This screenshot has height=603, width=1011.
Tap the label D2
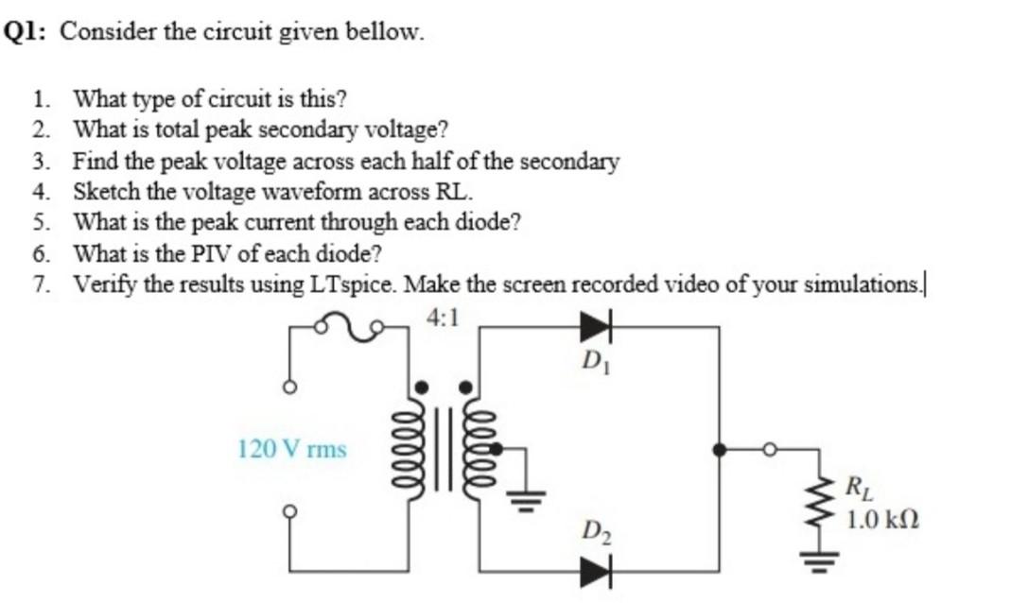pos(593,531)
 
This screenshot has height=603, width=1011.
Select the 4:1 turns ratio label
pos(443,318)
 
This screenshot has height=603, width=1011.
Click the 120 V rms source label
pos(292,448)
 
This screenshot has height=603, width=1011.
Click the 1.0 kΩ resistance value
pos(882,519)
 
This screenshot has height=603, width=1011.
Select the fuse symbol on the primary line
pos(349,328)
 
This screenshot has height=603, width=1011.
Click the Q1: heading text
pos(29,31)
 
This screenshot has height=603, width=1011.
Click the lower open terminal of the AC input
pos(291,511)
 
